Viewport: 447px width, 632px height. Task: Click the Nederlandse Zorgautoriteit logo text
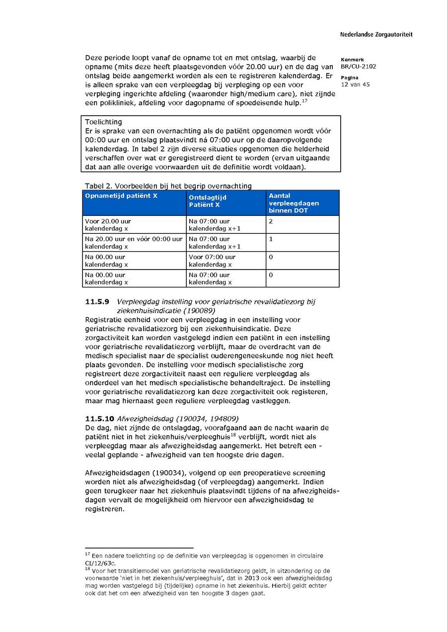tap(376, 35)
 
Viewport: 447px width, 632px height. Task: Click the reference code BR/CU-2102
tap(358, 67)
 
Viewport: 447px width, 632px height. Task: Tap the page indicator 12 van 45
tap(355, 84)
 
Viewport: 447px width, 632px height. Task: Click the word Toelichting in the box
tap(103, 122)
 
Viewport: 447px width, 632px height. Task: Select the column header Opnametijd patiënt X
tap(121, 196)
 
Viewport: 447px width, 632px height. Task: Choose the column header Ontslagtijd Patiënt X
tap(208, 201)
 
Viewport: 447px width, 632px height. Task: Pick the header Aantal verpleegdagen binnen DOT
tap(294, 203)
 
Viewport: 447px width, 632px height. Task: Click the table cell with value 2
tap(271, 221)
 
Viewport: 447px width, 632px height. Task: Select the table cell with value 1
tap(271, 239)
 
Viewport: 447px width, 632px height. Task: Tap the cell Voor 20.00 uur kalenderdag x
tap(108, 225)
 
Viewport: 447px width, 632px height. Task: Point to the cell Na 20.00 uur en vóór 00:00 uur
tap(134, 239)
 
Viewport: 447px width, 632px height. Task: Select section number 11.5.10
tap(99, 419)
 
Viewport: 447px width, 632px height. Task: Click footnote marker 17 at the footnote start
tap(87, 554)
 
